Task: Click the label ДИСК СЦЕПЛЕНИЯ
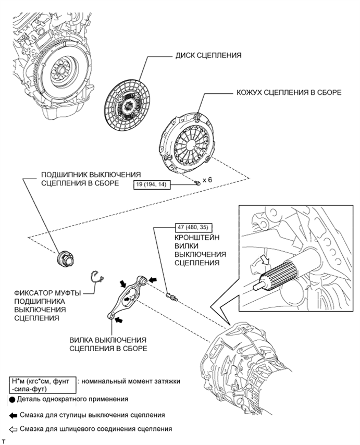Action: (x=208, y=55)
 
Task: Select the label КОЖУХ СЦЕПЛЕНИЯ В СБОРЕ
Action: (x=289, y=93)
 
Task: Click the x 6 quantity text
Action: (x=207, y=180)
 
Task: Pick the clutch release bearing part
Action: (x=66, y=259)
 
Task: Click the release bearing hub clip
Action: (x=97, y=277)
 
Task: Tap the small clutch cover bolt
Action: (x=198, y=182)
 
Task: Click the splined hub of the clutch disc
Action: (x=129, y=106)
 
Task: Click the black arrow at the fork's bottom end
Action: (x=119, y=320)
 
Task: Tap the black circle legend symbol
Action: (x=12, y=400)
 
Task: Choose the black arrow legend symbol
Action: (x=14, y=416)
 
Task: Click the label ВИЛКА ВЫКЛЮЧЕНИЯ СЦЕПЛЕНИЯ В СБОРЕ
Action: (x=108, y=344)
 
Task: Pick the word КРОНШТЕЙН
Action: (x=197, y=237)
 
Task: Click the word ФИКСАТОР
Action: (x=31, y=293)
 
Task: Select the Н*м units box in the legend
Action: (x=43, y=385)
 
